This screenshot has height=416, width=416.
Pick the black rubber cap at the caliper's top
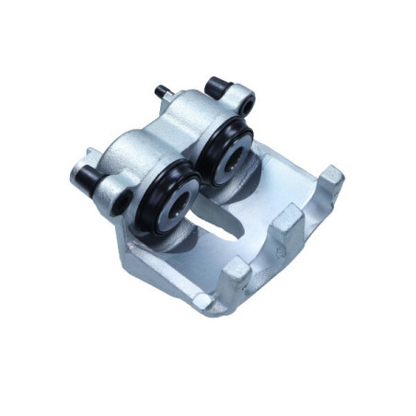(217, 87)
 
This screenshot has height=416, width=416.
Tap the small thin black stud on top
(162, 92)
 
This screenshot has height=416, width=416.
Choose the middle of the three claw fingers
(287, 222)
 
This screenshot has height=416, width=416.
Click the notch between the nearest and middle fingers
(262, 253)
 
